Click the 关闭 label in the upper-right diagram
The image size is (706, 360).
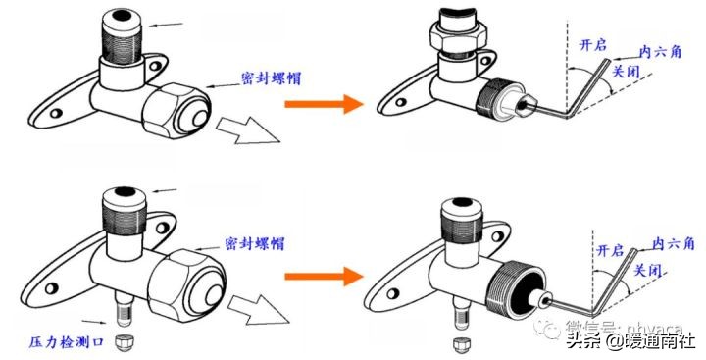pyautogui.click(x=625, y=72)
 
